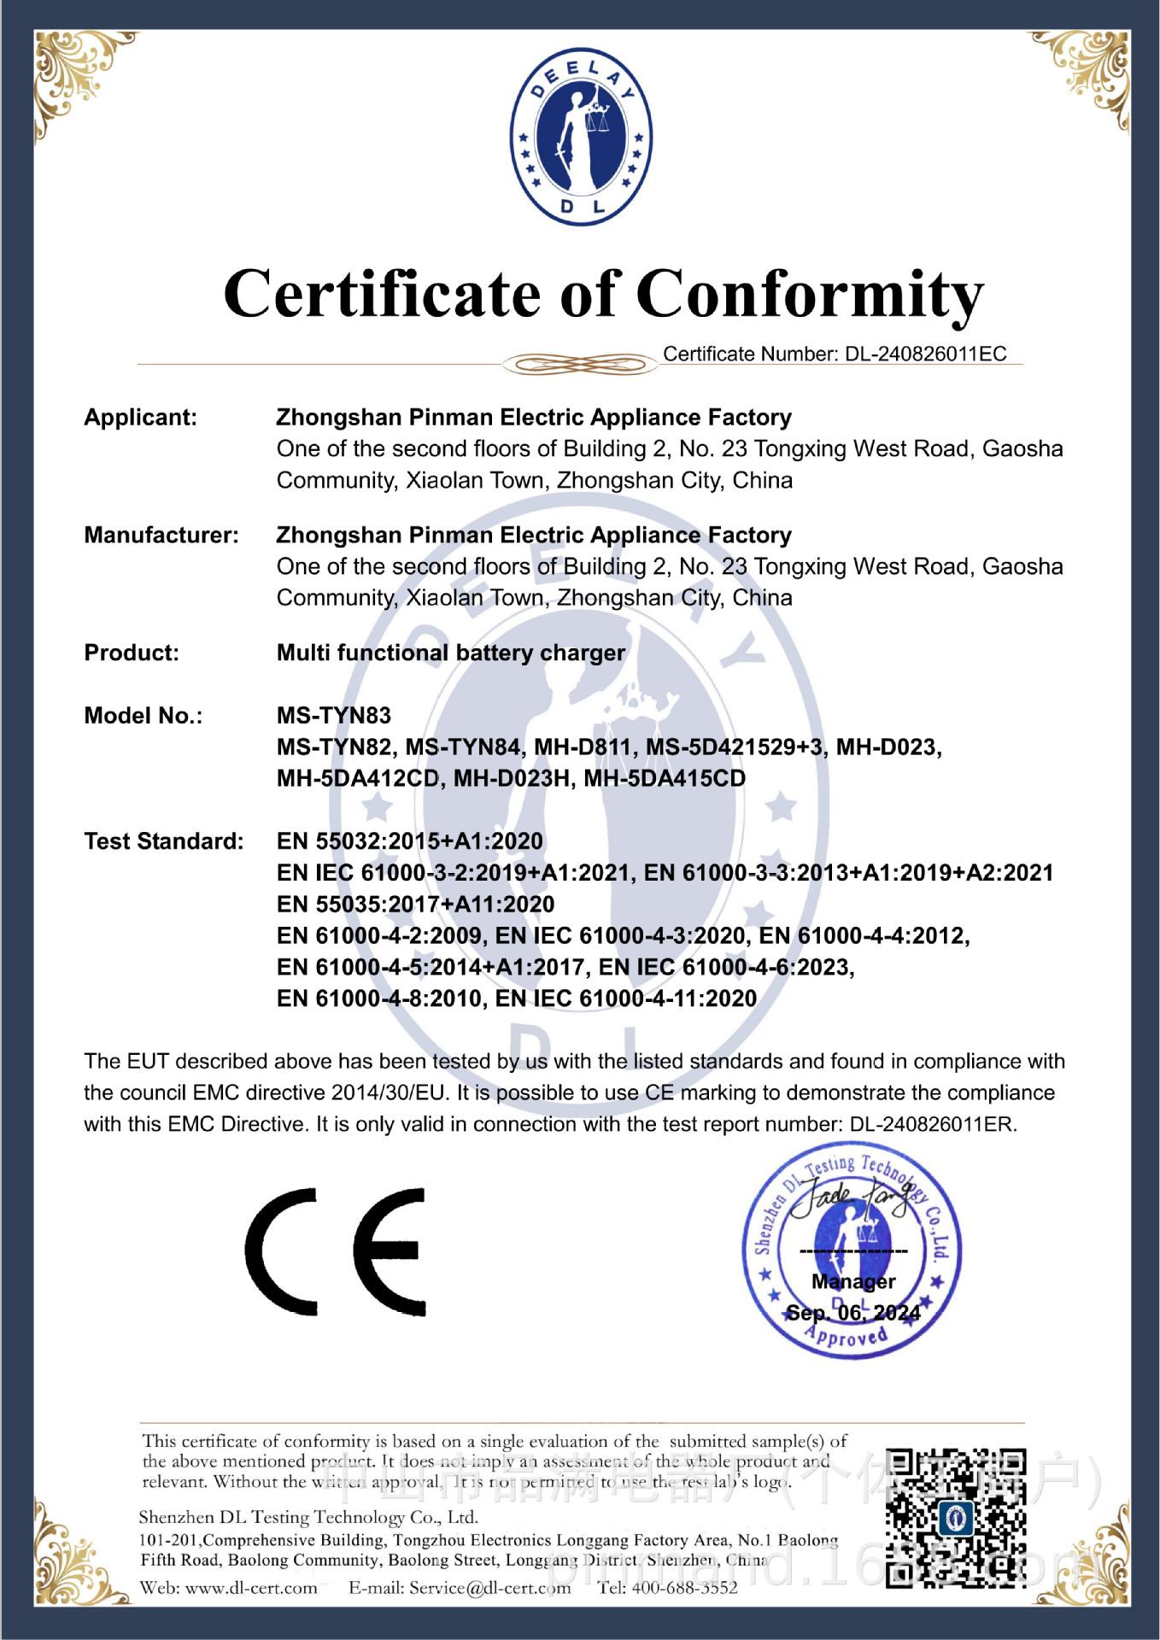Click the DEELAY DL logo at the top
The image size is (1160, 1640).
[580, 138]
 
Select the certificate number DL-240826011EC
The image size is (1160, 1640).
[926, 354]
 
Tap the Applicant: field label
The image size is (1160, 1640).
[140, 418]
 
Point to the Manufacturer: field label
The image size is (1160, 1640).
[161, 536]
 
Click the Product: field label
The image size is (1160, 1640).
[132, 653]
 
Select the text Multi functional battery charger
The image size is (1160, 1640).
[450, 653]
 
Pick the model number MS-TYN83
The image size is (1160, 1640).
[334, 716]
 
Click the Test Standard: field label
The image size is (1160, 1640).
[164, 841]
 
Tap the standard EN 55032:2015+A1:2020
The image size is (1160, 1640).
[409, 841]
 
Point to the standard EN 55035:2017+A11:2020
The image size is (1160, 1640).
[415, 905]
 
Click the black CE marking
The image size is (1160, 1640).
[336, 1252]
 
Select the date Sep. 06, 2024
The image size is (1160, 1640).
[853, 1313]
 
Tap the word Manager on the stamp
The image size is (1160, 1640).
[853, 1281]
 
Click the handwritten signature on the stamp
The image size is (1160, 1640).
[850, 1201]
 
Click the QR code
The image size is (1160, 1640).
[955, 1518]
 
